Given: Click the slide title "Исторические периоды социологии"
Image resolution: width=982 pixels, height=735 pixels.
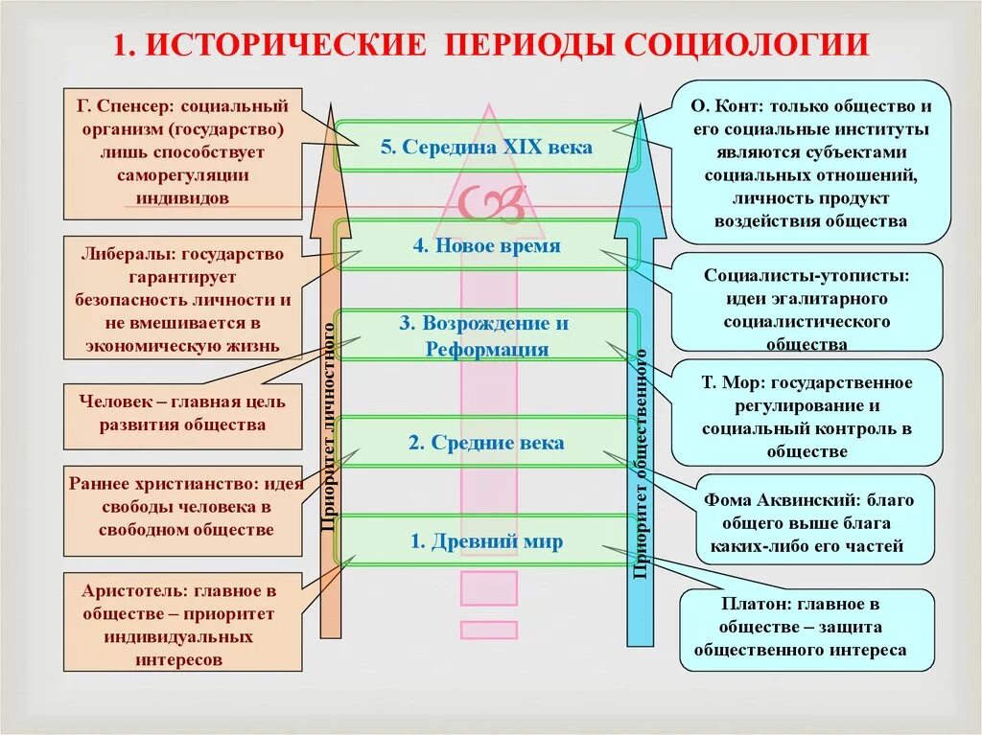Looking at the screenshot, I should click(x=491, y=44).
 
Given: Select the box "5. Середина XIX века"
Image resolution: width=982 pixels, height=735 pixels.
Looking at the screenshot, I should click(x=485, y=147).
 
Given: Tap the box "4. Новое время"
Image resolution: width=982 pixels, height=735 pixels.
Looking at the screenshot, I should click(x=485, y=245).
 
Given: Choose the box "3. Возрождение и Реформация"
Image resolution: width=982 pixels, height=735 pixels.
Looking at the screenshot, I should click(x=485, y=335).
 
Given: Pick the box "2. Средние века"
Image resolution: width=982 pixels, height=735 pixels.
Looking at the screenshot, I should click(x=485, y=443).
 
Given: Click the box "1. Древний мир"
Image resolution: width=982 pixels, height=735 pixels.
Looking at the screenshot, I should click(x=485, y=541).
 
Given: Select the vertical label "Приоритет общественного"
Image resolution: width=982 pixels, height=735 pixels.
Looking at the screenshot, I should click(x=641, y=465).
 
